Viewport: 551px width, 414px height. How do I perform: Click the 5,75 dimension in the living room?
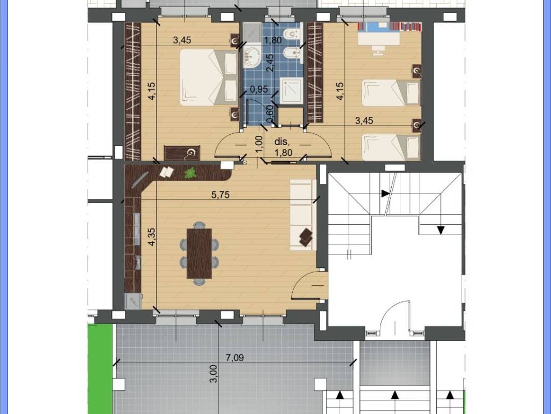coord(221,196)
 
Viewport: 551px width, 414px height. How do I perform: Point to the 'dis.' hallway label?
coord(282,142)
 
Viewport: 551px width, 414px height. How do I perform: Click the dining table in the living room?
coord(199,253)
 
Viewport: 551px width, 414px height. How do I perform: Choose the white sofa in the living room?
coord(303,215)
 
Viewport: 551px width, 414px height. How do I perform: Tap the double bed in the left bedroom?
coord(208,77)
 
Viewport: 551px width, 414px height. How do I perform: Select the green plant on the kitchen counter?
coord(190,173)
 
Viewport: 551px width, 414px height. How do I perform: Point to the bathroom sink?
coord(250,54)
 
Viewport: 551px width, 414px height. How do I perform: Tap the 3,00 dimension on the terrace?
coord(214,374)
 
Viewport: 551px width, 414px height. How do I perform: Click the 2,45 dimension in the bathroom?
coord(271,63)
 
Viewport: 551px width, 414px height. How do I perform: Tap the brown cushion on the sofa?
coord(306,237)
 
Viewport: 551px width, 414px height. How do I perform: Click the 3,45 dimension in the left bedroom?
coord(182,39)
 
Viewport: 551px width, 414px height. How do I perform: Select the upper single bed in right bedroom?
coord(390,93)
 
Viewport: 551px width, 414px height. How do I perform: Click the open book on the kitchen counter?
coord(167,172)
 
